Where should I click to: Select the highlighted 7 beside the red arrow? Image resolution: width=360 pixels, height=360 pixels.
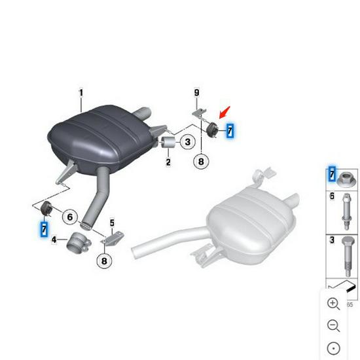pyautogui.click(x=230, y=131)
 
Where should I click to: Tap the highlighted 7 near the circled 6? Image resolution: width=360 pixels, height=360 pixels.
pyautogui.click(x=44, y=228)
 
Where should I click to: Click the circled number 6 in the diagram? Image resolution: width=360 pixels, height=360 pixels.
pyautogui.click(x=70, y=215)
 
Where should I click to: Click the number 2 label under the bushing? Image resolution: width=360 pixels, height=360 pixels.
pyautogui.click(x=168, y=161)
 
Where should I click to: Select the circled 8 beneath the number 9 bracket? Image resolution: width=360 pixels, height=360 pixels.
pyautogui.click(x=201, y=160)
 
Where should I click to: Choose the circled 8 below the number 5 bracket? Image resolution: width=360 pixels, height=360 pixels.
pyautogui.click(x=103, y=261)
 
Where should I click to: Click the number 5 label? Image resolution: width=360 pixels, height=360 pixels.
pyautogui.click(x=112, y=223)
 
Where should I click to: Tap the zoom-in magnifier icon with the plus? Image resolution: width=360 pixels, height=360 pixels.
pyautogui.click(x=333, y=304)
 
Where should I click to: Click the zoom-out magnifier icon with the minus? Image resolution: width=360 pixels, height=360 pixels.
pyautogui.click(x=333, y=325)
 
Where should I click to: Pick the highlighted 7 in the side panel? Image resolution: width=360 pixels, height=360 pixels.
pyautogui.click(x=332, y=174)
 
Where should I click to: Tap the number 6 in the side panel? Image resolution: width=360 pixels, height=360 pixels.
pyautogui.click(x=332, y=196)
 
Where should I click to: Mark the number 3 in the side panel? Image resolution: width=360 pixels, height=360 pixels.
pyautogui.click(x=332, y=241)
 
